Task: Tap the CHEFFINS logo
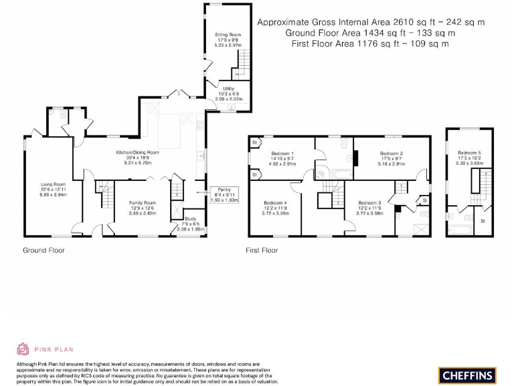click(467, 375)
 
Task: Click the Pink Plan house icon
click(22, 349)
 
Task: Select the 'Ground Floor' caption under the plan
click(44, 250)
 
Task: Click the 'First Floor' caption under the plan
click(261, 250)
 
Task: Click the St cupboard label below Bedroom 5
click(483, 220)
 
